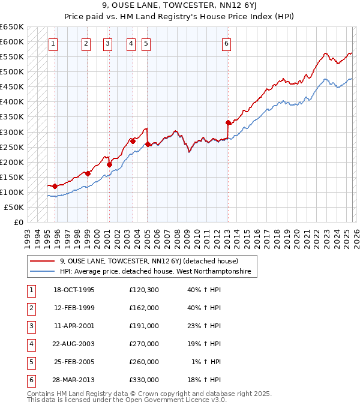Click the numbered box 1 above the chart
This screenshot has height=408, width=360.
point(53,43)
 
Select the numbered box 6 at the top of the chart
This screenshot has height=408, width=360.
point(226,43)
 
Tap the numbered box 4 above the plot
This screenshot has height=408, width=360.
point(131,43)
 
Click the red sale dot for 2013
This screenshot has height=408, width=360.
point(228,123)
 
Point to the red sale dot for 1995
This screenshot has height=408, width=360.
point(55,186)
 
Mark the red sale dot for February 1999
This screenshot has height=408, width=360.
point(88,173)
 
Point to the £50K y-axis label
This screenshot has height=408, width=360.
point(14,207)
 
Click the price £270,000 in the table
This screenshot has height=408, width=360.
point(144,345)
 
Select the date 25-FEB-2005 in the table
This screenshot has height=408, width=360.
point(74,362)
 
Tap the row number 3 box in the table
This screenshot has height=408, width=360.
point(31,326)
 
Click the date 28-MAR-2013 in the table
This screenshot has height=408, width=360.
point(74,380)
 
